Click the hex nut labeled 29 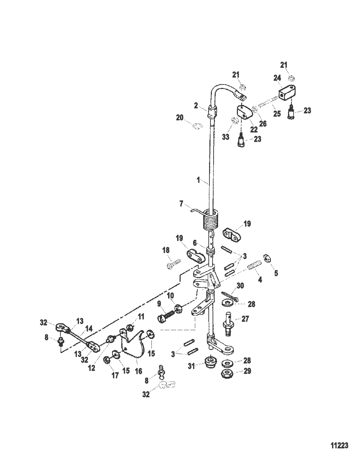228,374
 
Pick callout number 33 226,137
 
